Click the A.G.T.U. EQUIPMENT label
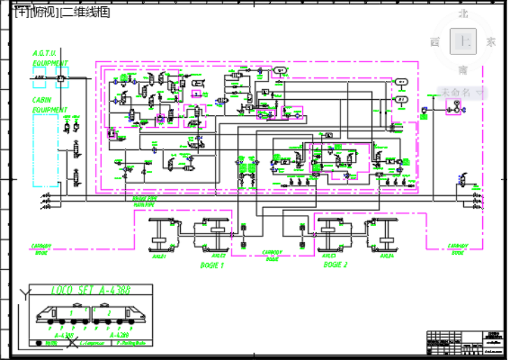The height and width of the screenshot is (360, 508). pos(49,58)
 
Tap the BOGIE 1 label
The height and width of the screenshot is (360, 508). pos(212,265)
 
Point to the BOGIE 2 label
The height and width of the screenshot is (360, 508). pos(335,265)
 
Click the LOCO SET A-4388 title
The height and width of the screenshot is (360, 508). pos(91,290)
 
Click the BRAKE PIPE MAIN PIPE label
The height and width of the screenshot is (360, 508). pos(144,202)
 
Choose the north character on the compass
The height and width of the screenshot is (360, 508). pos(463,13)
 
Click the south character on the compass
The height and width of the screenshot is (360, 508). pos(463,70)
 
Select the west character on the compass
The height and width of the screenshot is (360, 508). pos(435,42)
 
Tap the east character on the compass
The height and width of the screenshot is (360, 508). pos(491,42)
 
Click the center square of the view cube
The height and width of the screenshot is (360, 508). pos(463,41)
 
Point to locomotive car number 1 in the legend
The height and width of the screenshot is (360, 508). pos(70,313)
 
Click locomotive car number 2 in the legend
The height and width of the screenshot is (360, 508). pos(110,313)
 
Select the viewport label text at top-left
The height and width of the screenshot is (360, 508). pos(62,11)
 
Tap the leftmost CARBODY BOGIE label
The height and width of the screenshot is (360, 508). pos(42,249)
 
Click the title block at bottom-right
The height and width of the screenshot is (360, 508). pos(465,341)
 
